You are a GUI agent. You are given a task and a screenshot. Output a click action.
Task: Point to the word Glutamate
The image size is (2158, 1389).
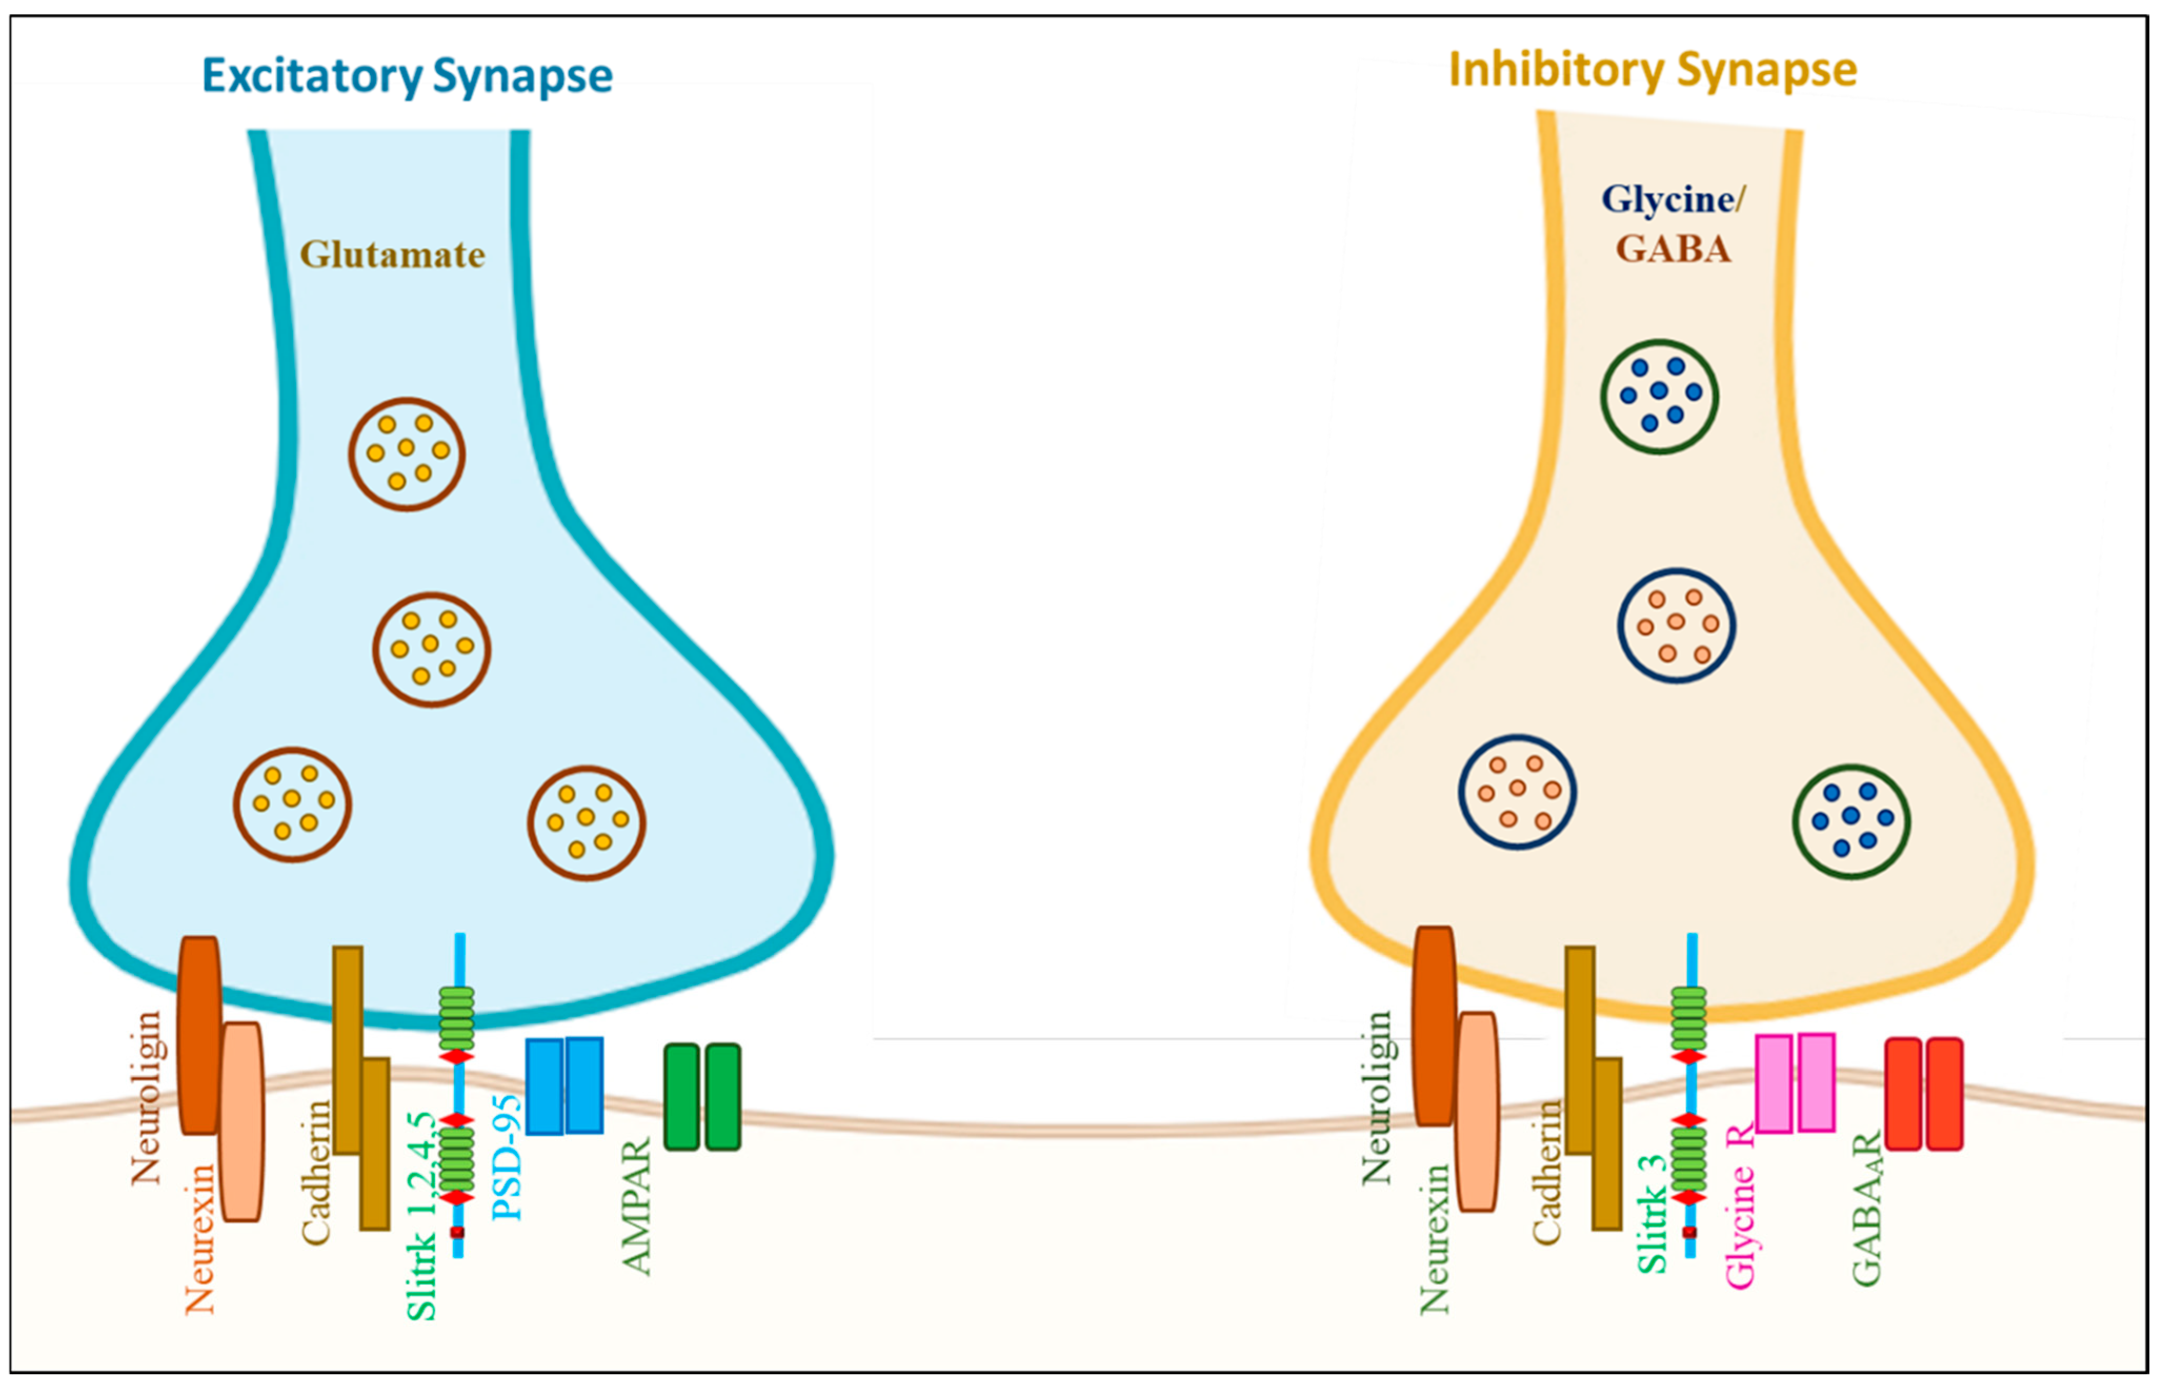tap(392, 255)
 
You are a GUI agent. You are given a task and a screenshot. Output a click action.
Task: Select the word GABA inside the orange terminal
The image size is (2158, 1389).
tap(1673, 249)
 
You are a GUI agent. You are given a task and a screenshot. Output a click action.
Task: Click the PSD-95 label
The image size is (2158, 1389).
tap(508, 1157)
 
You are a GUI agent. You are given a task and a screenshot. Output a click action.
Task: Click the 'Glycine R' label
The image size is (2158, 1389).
tap(1740, 1204)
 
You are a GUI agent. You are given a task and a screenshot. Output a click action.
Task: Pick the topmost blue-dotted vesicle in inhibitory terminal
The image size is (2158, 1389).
tap(1659, 396)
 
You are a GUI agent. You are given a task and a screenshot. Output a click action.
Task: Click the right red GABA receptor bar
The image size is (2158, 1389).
tap(1944, 1093)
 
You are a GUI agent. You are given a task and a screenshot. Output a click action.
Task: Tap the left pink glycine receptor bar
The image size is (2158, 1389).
tap(1773, 1082)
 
